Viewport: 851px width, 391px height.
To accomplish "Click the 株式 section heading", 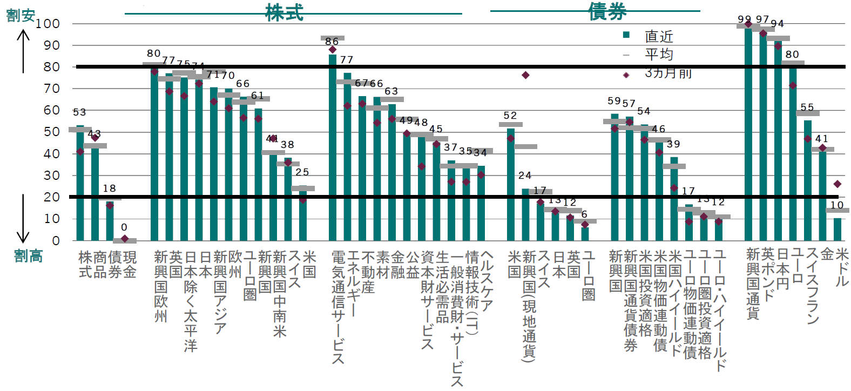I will point(284,12).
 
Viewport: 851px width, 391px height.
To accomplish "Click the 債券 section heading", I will point(607,11).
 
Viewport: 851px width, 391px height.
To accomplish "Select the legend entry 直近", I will point(659,36).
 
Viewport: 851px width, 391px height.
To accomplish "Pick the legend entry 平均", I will point(659,54).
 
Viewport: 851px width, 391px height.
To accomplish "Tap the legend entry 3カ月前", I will point(667,73).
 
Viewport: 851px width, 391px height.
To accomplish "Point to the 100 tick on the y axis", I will point(48,24).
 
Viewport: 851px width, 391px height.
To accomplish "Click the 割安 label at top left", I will point(21,16).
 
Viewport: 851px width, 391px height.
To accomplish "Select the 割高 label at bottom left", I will point(28,255).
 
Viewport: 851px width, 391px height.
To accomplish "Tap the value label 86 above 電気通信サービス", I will point(332,41).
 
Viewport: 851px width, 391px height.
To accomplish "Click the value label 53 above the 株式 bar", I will point(79,112).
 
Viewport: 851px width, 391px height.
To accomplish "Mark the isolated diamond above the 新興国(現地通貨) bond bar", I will point(525,75).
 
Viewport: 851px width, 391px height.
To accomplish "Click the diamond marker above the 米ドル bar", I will point(838,184).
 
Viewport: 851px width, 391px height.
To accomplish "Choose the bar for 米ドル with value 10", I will point(838,229).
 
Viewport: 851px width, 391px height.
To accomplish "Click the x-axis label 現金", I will point(130,264).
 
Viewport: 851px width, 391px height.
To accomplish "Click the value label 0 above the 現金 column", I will point(124,227).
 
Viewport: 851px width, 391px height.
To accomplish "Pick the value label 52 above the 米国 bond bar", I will point(510,116).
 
